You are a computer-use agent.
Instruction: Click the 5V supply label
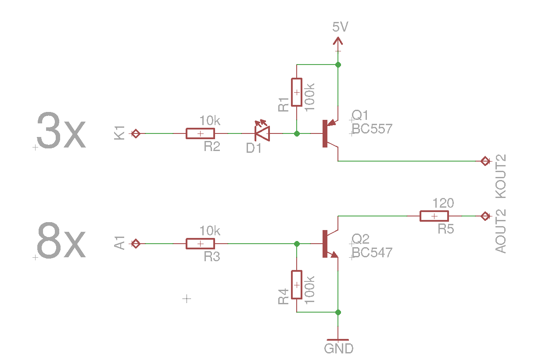point(340,27)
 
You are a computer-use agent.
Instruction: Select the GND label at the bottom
point(339,349)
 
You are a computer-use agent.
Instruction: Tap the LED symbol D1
point(262,133)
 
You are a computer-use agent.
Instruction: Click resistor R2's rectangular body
point(200,133)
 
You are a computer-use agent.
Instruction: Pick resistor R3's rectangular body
point(200,244)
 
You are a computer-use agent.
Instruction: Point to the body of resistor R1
point(297,92)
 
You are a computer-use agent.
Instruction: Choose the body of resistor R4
point(297,285)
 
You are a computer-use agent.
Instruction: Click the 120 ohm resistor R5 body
point(434,216)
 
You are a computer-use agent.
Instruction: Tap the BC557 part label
point(372,129)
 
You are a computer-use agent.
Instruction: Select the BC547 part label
point(372,252)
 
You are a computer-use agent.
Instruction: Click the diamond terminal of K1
point(136,133)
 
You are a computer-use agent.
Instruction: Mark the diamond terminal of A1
point(136,244)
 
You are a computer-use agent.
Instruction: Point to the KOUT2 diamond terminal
point(485,161)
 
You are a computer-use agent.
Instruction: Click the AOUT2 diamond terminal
point(485,216)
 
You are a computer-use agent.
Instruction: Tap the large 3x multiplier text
point(61,130)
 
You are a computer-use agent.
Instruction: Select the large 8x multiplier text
point(61,240)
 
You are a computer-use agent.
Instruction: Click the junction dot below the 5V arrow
point(338,65)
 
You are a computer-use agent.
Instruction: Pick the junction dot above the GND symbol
point(338,312)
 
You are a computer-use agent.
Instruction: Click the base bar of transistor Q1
point(325,133)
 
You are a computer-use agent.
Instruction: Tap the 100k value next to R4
point(309,290)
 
